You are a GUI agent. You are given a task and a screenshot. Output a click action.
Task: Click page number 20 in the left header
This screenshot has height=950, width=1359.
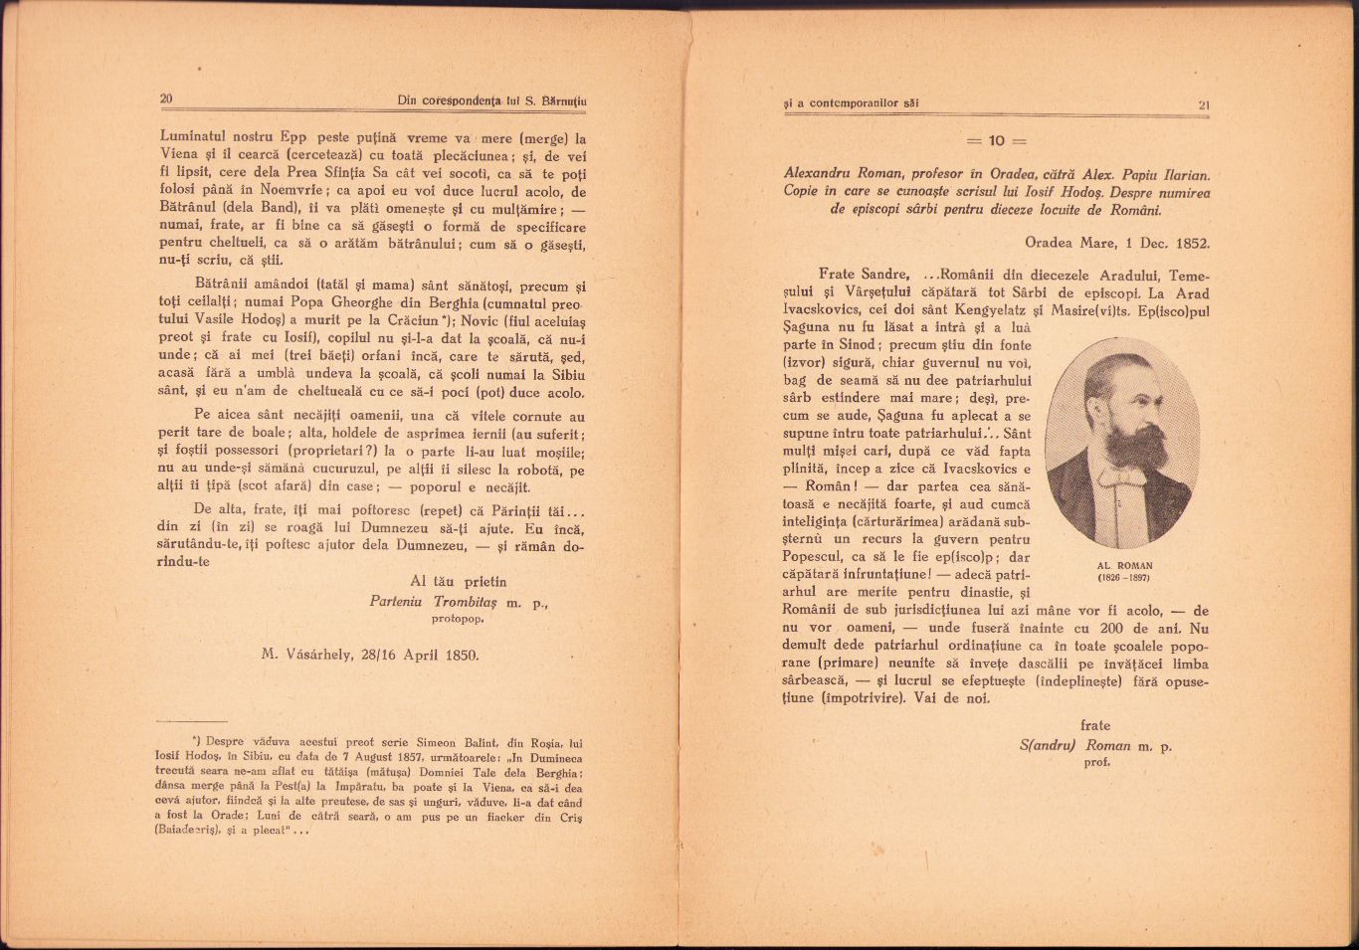[x=166, y=98]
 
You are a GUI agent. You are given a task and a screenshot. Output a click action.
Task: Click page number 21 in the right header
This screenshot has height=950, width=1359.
[x=1203, y=104]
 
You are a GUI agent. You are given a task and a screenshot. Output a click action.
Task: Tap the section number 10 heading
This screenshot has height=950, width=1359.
[x=996, y=140]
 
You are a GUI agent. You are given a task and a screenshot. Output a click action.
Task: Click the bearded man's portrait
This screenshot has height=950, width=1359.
[x=1122, y=442]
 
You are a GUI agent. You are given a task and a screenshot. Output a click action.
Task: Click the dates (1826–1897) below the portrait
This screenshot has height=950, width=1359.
[x=1123, y=578]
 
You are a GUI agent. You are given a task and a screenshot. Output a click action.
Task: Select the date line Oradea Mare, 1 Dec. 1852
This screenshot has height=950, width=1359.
[x=1117, y=242]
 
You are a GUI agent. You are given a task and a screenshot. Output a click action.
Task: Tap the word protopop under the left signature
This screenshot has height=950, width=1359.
[x=458, y=618]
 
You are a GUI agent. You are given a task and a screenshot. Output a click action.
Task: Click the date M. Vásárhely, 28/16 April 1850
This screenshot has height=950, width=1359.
[x=370, y=655]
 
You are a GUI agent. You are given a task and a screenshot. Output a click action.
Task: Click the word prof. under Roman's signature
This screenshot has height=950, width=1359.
[x=1096, y=762]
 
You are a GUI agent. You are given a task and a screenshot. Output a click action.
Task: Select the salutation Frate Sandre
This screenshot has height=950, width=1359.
[x=863, y=275]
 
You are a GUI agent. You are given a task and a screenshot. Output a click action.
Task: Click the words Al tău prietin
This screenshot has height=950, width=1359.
[x=458, y=581]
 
